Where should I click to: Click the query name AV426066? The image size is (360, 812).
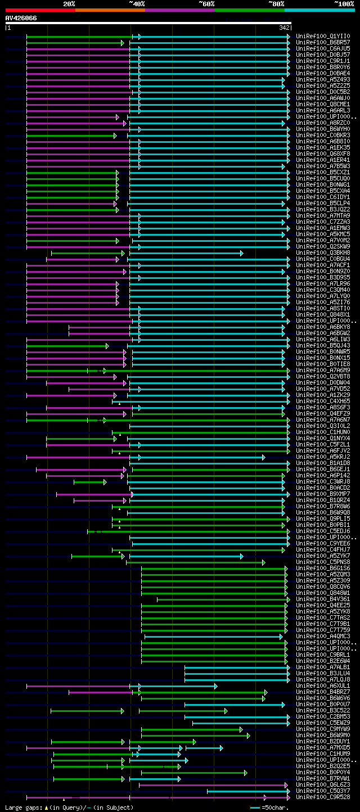(21, 18)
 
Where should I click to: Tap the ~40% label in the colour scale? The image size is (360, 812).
(137, 3)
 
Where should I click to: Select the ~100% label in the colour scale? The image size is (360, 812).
(344, 3)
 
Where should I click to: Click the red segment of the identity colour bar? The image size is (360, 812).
(40, 10)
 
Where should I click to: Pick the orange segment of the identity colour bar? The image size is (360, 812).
(110, 10)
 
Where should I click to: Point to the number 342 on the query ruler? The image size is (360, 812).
(284, 28)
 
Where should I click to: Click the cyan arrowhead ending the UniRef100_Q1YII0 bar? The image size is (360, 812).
(289, 37)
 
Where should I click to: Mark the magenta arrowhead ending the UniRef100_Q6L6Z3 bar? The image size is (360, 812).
(286, 785)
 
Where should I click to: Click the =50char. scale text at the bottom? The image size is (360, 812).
(277, 808)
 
